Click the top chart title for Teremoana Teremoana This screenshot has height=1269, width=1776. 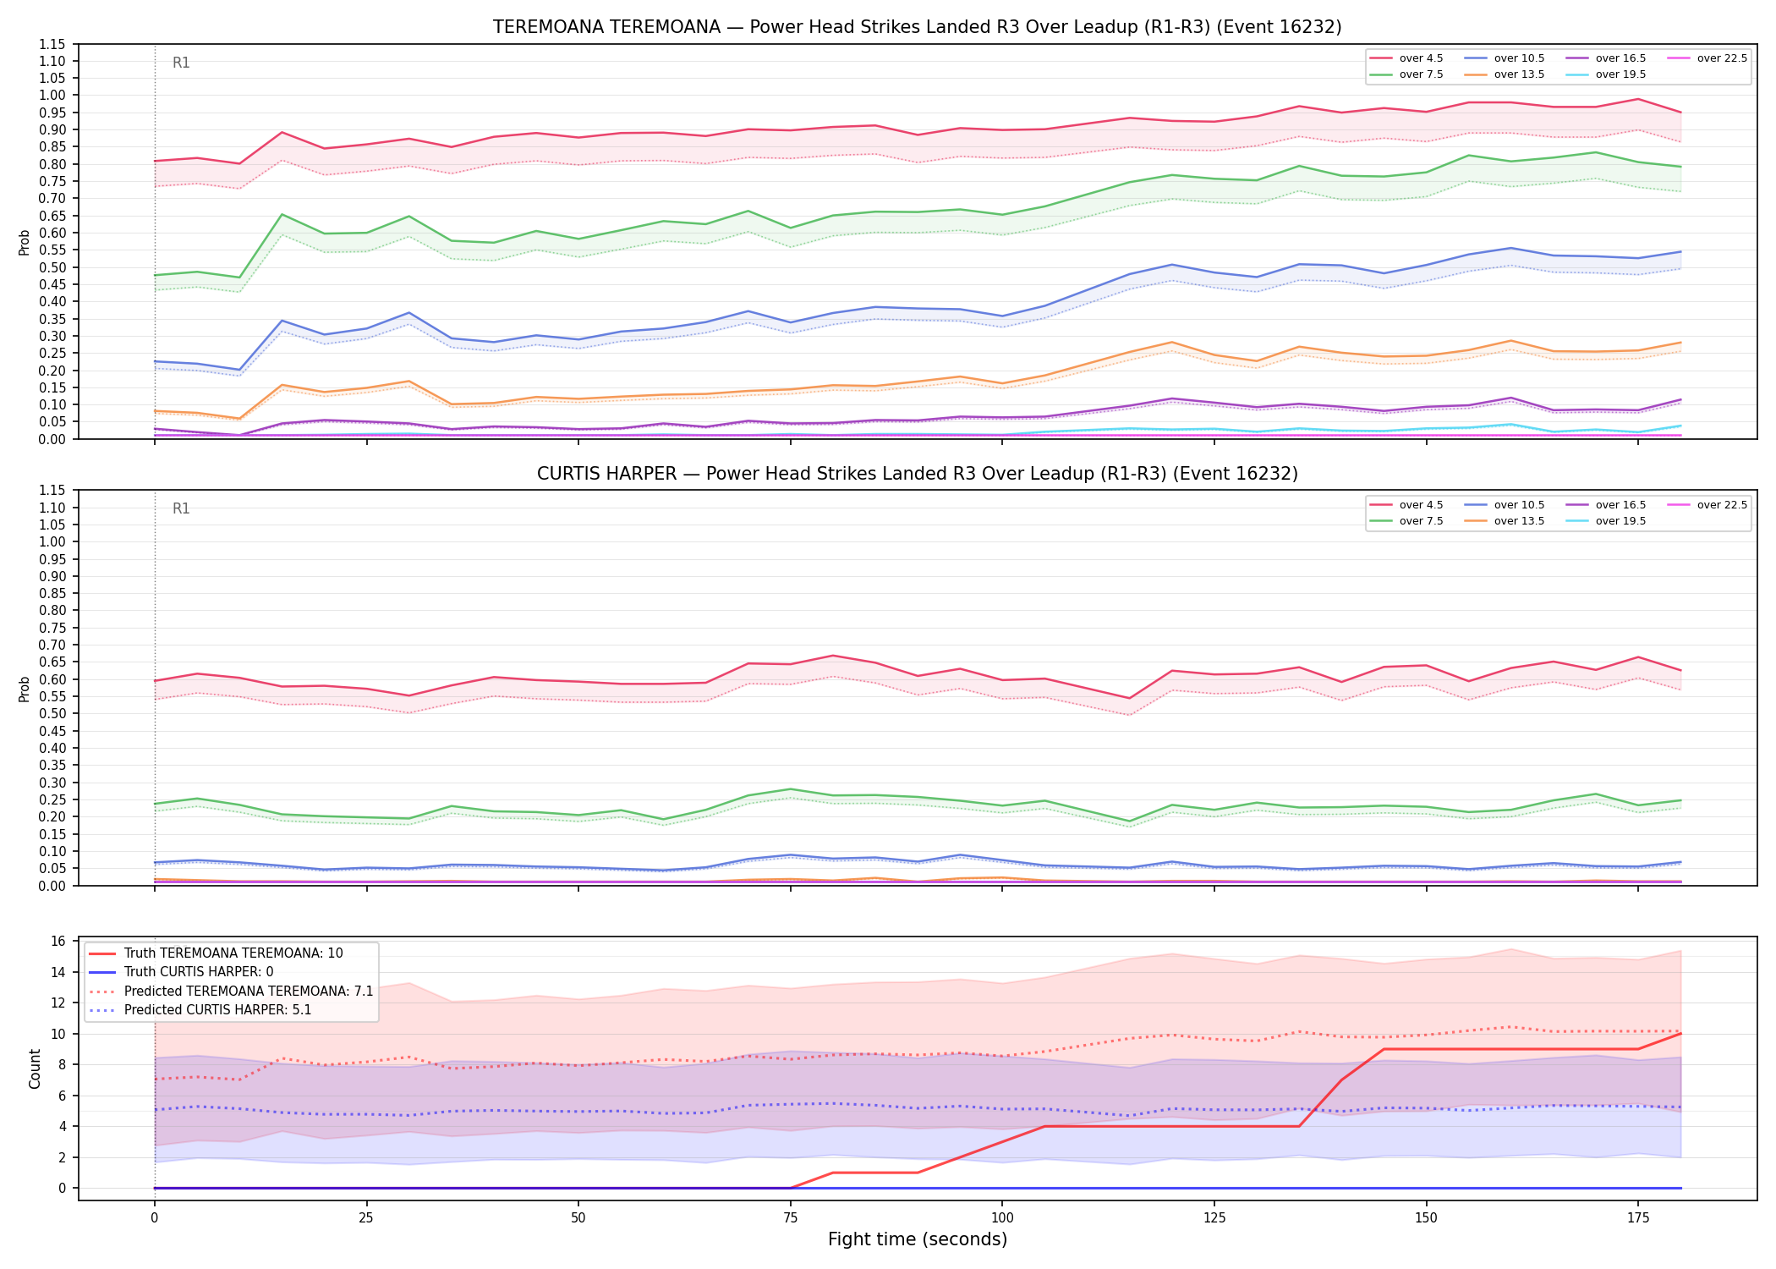tap(917, 27)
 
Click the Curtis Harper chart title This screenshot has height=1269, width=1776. tap(917, 474)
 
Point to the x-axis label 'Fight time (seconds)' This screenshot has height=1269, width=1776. tap(918, 1239)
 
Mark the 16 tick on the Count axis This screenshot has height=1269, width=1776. tap(59, 941)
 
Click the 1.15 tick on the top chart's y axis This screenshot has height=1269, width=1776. tap(52, 44)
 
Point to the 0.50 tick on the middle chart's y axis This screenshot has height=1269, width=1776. tap(52, 713)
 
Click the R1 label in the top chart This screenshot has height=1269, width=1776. tap(181, 63)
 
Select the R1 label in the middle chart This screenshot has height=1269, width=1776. tap(181, 508)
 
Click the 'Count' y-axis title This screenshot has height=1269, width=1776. tap(35, 1068)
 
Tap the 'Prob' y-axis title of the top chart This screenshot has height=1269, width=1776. tap(25, 242)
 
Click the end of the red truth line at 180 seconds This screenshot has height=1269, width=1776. tap(1680, 1034)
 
